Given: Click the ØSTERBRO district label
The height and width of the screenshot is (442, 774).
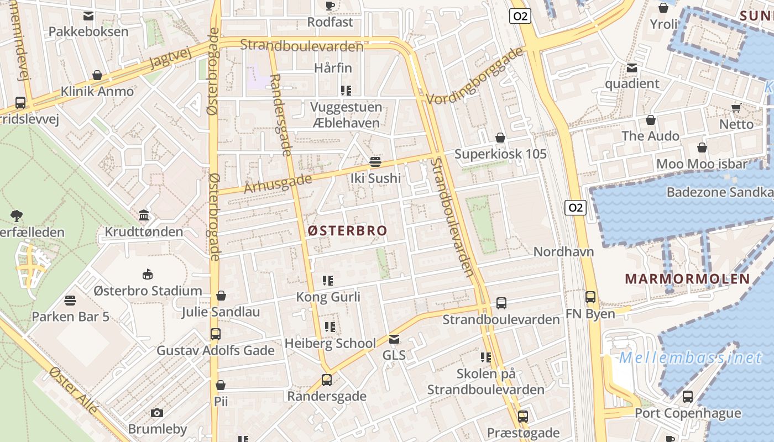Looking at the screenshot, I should (347, 230).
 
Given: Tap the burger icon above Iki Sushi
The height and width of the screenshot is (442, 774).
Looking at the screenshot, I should (375, 162).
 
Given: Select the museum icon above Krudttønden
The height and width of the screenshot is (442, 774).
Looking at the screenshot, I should (144, 215).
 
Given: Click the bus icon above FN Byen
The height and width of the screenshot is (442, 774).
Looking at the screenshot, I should (590, 297).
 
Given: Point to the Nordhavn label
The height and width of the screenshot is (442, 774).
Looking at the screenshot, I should (563, 252).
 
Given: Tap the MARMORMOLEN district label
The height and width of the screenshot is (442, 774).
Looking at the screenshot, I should (687, 279).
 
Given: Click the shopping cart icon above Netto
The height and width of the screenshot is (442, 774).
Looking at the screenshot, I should (736, 108).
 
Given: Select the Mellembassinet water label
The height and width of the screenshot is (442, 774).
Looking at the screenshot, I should (691, 358).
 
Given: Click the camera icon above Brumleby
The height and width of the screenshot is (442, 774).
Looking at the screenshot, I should (157, 413).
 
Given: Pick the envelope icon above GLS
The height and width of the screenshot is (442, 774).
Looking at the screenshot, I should (394, 339).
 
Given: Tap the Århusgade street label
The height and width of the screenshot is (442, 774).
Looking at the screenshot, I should (274, 182).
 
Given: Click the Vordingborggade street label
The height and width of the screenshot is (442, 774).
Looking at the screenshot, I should (475, 76).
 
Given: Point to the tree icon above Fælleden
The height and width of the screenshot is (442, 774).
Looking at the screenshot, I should (17, 215).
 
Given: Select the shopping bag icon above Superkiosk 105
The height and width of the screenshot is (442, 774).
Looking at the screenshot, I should (500, 138).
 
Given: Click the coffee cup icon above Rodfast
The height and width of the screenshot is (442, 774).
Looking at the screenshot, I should (330, 6).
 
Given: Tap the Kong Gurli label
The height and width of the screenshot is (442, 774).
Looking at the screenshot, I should (328, 297).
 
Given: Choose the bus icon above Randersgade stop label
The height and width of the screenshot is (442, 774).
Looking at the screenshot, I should (327, 380).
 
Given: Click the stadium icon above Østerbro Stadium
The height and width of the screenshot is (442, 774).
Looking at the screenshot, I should (148, 274).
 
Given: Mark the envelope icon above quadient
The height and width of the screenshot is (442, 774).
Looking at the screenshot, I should (632, 68).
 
